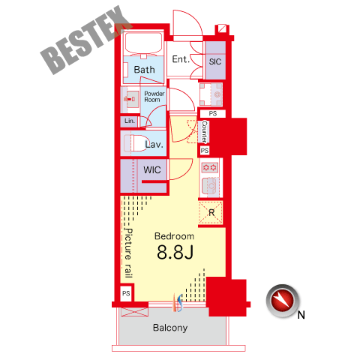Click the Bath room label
click(x=144, y=70)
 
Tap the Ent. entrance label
click(x=180, y=59)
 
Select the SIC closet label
click(x=215, y=61)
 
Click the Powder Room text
click(x=154, y=97)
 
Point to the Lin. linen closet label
click(x=130, y=121)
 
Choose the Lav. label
click(x=154, y=144)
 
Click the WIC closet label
click(x=152, y=170)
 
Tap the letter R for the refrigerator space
click(x=211, y=213)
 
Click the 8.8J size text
click(x=175, y=252)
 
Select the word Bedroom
click(x=174, y=236)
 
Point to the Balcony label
click(x=170, y=328)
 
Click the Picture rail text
click(x=128, y=253)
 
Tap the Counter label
click(x=205, y=132)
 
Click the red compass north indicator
click(x=283, y=301)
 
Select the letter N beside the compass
click(x=301, y=315)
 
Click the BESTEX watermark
click(x=86, y=40)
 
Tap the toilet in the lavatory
click(x=135, y=143)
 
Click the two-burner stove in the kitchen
click(x=210, y=167)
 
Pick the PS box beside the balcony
click(x=126, y=293)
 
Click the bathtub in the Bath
click(x=143, y=43)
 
